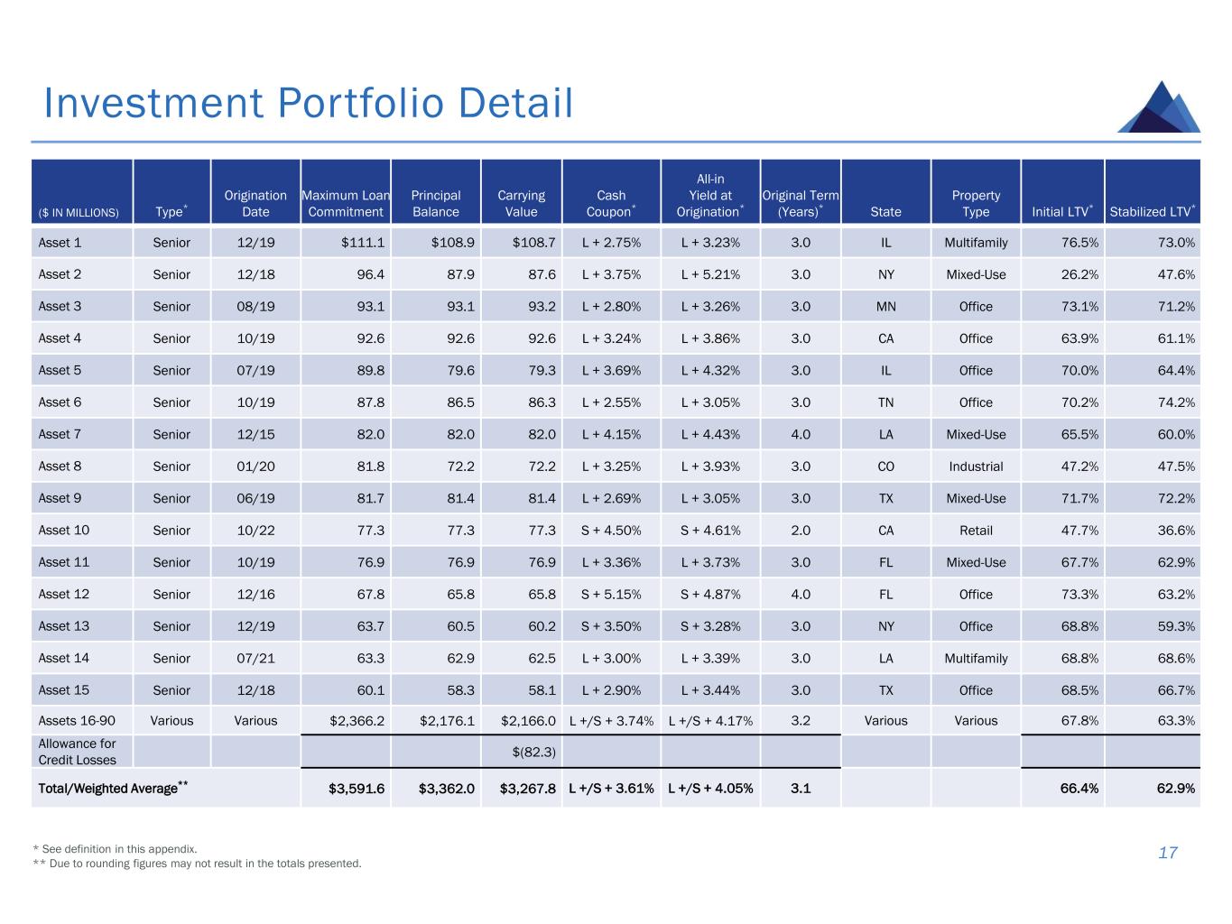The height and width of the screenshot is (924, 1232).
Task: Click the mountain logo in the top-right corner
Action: click(1159, 107)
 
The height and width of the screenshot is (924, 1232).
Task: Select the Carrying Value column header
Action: click(521, 203)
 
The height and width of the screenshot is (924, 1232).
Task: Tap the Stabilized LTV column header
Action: click(1152, 211)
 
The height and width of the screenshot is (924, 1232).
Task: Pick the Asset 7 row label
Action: click(60, 434)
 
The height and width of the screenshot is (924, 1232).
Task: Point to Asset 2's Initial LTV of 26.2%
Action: click(1079, 274)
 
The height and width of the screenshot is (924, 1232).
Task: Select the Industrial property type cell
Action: click(976, 467)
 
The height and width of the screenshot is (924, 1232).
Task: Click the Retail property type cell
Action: click(976, 531)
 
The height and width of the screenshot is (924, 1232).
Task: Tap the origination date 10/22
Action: click(255, 531)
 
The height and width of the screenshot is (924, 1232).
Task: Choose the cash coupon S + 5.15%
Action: click(611, 595)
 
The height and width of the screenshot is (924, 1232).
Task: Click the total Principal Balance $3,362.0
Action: click(447, 789)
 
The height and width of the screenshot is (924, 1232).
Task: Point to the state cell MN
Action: click(885, 307)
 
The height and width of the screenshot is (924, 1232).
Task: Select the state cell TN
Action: click(885, 402)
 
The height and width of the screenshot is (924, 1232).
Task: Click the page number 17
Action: click(1168, 853)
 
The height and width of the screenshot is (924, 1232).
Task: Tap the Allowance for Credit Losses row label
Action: click(78, 752)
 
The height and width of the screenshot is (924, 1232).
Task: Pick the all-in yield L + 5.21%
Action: click(710, 274)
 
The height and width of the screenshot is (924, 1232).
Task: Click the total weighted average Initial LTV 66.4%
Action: click(1079, 789)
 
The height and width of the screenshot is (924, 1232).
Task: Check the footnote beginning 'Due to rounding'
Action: click(197, 864)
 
